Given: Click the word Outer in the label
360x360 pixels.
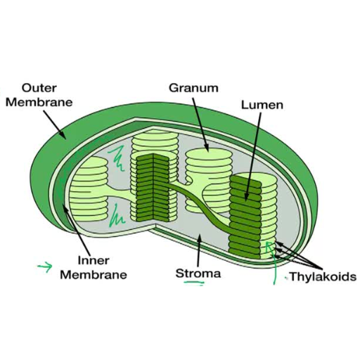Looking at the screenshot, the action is [x=39, y=88].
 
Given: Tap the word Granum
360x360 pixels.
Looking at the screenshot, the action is [x=193, y=88].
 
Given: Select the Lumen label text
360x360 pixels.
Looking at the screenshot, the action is [x=262, y=105].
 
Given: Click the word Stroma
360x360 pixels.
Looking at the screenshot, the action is [x=198, y=274].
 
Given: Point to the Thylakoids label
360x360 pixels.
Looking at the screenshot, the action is [x=323, y=276].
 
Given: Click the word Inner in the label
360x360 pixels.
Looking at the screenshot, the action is [x=94, y=260].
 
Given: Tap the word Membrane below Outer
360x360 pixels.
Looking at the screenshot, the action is [x=39, y=103].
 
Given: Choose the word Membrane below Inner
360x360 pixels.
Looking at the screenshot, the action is [x=94, y=275].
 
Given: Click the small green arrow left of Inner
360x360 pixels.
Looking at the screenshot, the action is [x=45, y=267].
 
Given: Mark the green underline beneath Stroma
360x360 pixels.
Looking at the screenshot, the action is [x=194, y=283].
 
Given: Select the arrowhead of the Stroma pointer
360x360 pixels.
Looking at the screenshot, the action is [x=199, y=238].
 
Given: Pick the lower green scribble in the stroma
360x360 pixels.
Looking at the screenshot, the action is [x=117, y=216].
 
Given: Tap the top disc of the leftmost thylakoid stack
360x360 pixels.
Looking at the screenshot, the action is [x=90, y=160].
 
